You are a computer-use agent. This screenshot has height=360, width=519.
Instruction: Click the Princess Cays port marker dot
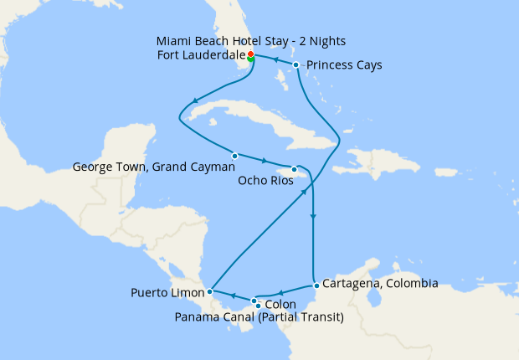pos(296,64)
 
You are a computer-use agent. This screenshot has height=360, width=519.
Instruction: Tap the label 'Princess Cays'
pos(344,64)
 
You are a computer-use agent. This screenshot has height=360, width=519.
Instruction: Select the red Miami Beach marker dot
pos(250,54)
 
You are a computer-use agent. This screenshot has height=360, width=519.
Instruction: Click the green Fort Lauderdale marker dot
pos(250,59)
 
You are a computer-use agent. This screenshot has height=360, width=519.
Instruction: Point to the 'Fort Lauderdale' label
pos(201,55)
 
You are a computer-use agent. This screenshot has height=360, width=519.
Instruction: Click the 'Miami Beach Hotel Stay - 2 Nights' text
pos(251,41)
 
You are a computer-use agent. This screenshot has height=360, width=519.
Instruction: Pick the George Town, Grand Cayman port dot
pos(235,156)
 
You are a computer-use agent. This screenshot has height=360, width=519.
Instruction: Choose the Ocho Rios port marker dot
pos(294,169)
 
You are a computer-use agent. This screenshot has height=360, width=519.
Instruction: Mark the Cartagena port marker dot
pos(315,286)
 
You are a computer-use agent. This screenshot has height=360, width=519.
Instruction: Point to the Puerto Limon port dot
pos(210,291)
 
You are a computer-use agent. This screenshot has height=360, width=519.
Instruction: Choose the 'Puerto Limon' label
pos(166,293)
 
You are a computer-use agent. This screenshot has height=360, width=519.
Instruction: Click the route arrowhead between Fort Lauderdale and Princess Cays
pos(276,60)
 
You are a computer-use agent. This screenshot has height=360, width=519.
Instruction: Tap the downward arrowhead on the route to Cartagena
pos(313,218)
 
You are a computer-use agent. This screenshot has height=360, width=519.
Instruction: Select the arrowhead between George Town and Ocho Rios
pos(265,161)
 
